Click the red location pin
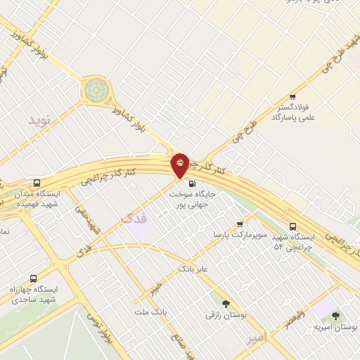coord(181,165)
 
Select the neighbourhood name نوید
coord(40,120)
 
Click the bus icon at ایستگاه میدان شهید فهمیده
coord(37,183)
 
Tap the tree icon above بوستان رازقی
coord(225,304)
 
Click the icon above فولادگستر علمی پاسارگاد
coord(293,97)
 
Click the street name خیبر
coord(155,288)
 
